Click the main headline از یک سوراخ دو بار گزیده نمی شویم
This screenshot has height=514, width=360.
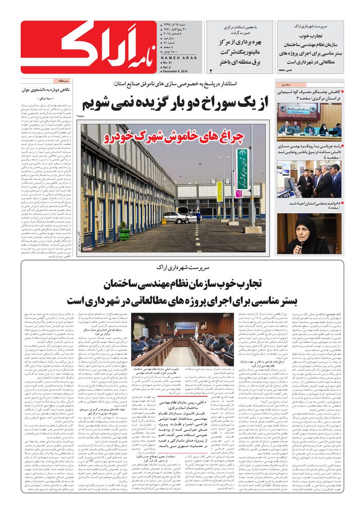pos(183,103)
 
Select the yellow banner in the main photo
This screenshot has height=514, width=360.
pos(219,191)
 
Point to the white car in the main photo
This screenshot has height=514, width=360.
pos(174,217)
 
